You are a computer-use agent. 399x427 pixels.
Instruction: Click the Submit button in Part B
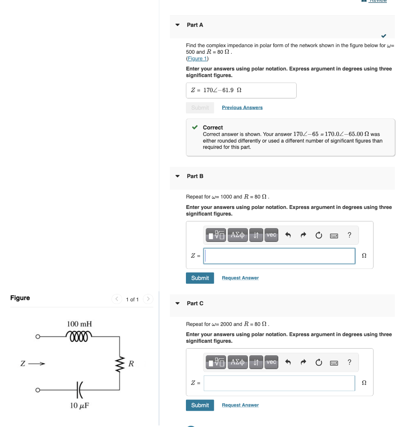(200, 278)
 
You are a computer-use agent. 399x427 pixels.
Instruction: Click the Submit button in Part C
(200, 405)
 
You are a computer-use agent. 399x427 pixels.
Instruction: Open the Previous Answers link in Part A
(242, 108)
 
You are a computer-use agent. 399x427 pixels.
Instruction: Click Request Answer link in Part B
(240, 278)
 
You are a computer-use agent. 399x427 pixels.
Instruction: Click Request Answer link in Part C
(240, 405)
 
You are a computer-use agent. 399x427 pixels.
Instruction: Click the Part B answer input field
(279, 256)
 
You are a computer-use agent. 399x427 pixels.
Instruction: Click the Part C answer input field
(279, 383)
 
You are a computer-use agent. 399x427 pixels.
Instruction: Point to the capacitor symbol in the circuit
(79, 390)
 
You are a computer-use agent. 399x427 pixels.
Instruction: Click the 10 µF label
(79, 406)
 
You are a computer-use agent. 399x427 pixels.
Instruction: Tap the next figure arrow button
(148, 299)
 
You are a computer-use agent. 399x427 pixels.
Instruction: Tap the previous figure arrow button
(117, 299)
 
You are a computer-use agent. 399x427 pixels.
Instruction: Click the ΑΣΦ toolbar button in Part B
(237, 235)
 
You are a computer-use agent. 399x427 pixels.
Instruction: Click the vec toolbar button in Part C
(271, 362)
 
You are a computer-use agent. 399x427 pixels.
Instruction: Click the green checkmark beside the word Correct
(195, 128)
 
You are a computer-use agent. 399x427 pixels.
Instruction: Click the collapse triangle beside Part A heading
(178, 25)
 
